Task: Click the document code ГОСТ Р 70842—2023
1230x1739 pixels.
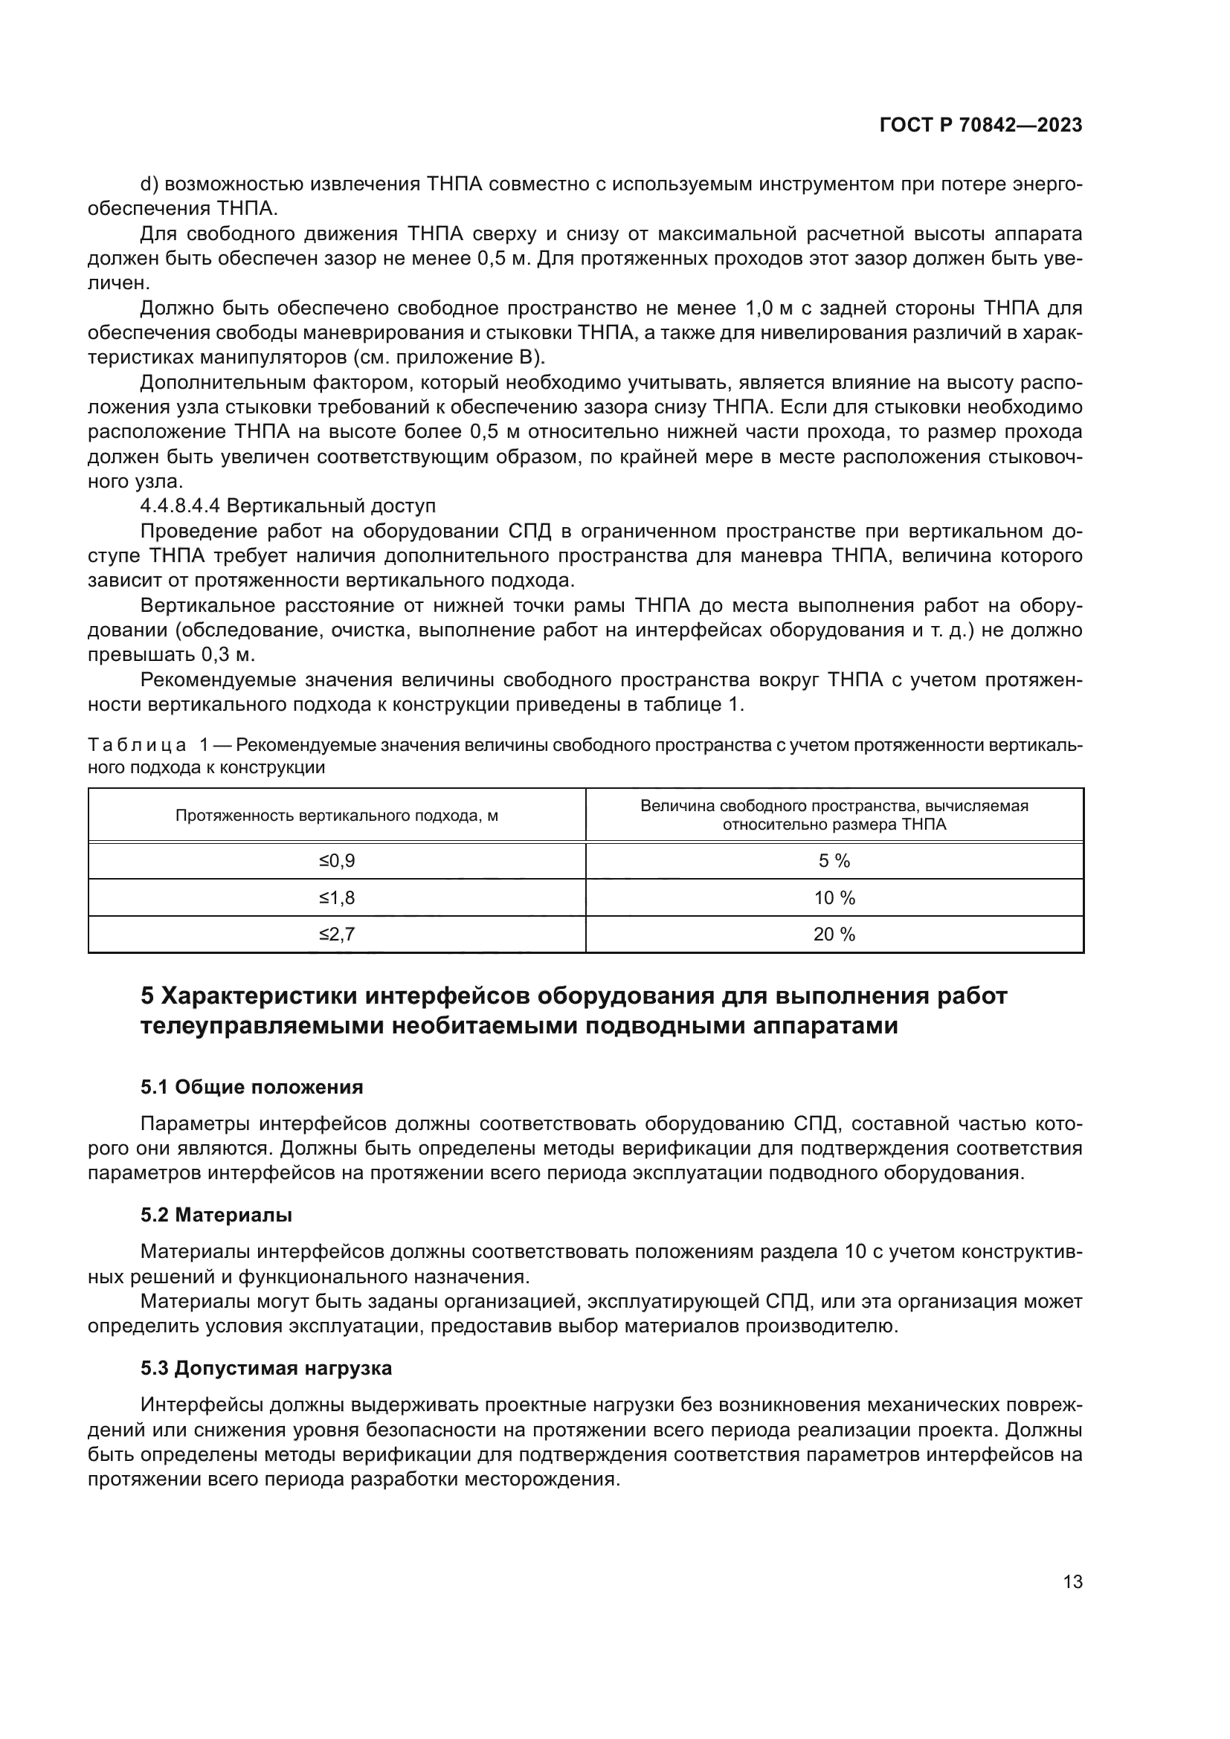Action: click(981, 126)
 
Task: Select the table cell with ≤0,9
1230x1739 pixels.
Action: click(336, 860)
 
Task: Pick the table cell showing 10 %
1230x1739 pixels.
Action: click(834, 898)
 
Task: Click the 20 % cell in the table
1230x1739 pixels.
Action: click(834, 935)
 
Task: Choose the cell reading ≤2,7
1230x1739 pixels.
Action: click(336, 935)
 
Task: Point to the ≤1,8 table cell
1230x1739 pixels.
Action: click(336, 898)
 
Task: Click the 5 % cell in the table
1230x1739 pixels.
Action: click(834, 860)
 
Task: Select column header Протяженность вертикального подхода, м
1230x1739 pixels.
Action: click(336, 816)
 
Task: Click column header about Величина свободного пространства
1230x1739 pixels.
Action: click(834, 815)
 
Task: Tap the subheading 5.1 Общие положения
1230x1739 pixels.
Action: click(251, 1088)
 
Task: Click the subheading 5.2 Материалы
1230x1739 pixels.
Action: click(216, 1216)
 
